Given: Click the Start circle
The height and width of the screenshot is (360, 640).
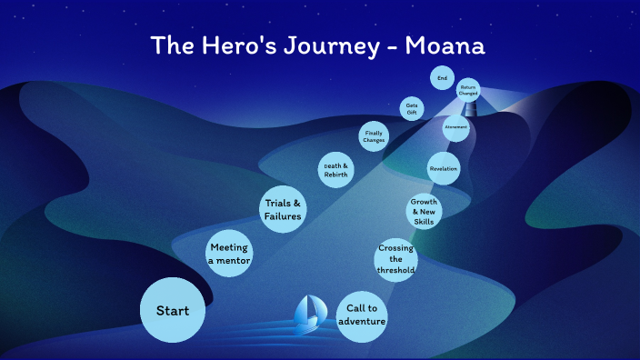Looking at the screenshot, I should click(172, 311).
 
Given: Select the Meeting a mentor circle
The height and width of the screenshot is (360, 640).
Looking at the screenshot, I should click(228, 254).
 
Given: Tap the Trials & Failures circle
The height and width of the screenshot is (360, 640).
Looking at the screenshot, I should click(283, 209).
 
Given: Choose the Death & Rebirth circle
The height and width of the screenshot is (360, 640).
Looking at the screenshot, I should click(335, 170).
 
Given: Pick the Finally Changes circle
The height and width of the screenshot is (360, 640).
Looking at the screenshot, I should click(374, 136).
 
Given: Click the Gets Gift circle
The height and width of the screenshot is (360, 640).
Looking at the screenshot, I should click(412, 108).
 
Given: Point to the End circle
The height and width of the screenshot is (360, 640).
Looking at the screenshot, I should click(443, 79).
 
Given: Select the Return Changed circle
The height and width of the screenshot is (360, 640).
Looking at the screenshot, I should click(468, 89).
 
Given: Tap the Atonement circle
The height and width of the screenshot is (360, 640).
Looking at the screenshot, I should click(456, 127).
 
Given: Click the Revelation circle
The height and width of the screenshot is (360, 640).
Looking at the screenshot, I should click(444, 168).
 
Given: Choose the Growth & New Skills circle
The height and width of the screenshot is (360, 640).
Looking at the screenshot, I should click(424, 211).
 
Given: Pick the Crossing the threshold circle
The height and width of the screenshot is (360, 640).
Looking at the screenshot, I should click(396, 259).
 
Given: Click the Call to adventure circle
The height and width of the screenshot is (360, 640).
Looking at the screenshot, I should click(362, 315).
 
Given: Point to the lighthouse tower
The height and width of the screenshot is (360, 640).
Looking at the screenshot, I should click(470, 108).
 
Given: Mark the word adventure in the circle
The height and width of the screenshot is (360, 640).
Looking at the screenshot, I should click(362, 322).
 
